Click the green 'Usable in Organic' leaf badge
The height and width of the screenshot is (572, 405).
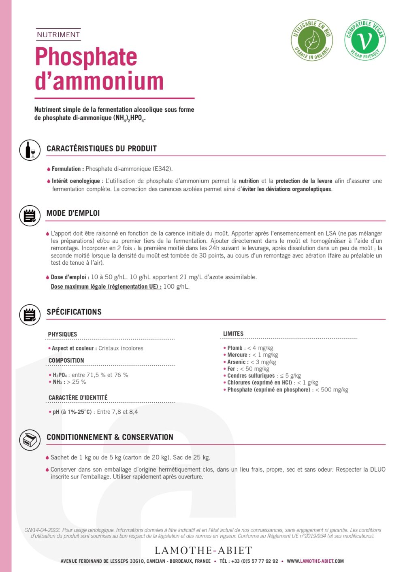(311, 40)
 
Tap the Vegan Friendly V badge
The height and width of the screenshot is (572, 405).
(365, 40)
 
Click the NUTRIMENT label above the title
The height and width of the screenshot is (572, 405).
(58, 35)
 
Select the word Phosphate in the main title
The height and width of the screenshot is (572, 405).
(86, 57)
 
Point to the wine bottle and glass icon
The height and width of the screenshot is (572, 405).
(30, 150)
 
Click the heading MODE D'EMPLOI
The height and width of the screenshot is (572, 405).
(73, 213)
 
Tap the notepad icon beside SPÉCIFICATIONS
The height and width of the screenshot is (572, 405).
(30, 315)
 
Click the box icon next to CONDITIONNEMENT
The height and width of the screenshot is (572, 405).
(30, 440)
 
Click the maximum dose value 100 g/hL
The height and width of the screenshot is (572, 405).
(176, 287)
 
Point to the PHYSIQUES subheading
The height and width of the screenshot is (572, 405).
(62, 334)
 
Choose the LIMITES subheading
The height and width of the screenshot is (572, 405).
(233, 334)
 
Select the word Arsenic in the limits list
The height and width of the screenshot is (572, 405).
(237, 362)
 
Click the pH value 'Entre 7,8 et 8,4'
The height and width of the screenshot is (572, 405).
(117, 412)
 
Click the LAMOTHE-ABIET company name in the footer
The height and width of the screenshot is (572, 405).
(203, 551)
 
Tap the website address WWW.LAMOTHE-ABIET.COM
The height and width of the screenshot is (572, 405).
(315, 561)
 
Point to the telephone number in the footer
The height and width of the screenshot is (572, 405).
(254, 561)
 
